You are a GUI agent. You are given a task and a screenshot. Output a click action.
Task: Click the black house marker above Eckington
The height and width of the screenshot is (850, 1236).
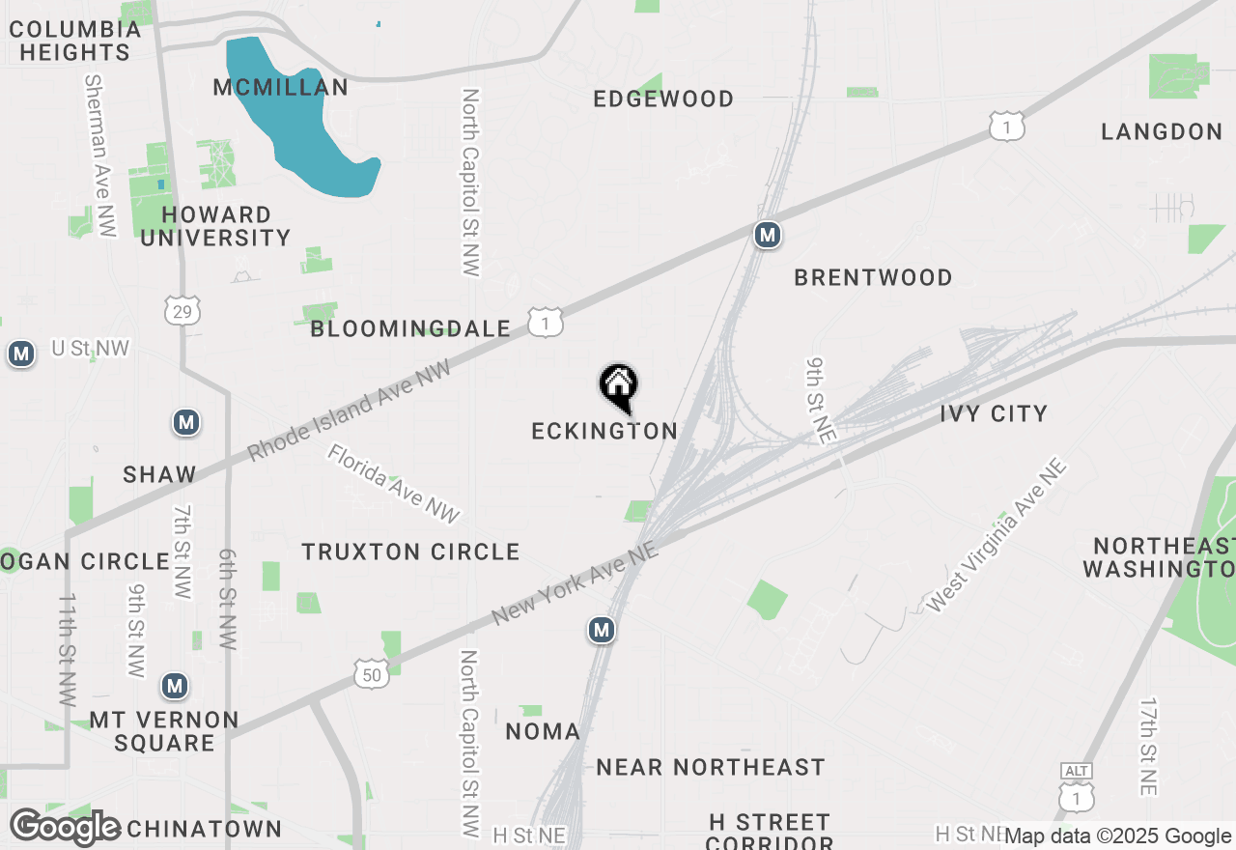pyautogui.click(x=619, y=386)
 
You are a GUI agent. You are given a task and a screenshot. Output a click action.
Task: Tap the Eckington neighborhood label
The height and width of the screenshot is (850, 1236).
pyautogui.click(x=604, y=431)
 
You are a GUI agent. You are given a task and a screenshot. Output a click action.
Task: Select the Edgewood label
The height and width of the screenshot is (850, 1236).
pyautogui.click(x=663, y=99)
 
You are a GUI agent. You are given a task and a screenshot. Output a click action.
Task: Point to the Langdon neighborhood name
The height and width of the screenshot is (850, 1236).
pyautogui.click(x=1162, y=131)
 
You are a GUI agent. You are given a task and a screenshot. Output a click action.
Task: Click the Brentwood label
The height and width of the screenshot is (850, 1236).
pyautogui.click(x=873, y=277)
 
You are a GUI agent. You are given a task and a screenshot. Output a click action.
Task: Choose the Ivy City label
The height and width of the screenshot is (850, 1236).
pyautogui.click(x=994, y=413)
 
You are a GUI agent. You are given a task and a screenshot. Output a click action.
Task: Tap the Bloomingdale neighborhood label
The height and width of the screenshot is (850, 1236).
pyautogui.click(x=410, y=328)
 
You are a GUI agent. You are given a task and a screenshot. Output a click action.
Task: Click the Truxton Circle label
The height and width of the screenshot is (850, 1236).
pyautogui.click(x=410, y=552)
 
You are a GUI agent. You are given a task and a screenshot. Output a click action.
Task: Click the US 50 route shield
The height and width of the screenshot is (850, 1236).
pyautogui.click(x=373, y=674)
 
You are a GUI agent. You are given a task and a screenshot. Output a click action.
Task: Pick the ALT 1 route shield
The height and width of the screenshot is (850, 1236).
pyautogui.click(x=1076, y=791)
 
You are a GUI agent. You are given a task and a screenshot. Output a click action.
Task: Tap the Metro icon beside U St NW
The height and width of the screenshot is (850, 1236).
pyautogui.click(x=20, y=354)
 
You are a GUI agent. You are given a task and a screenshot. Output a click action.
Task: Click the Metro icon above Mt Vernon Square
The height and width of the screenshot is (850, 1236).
pyautogui.click(x=174, y=686)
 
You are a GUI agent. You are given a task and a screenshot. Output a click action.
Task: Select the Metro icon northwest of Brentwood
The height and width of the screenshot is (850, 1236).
pyautogui.click(x=767, y=235)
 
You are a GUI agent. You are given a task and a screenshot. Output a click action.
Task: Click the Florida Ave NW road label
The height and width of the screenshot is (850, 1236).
pyautogui.click(x=393, y=484)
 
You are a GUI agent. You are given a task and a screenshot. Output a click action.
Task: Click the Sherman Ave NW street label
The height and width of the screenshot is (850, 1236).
pyautogui.click(x=99, y=155)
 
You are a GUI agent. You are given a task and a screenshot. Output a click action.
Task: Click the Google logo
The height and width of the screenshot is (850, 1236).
pyautogui.click(x=65, y=827)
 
